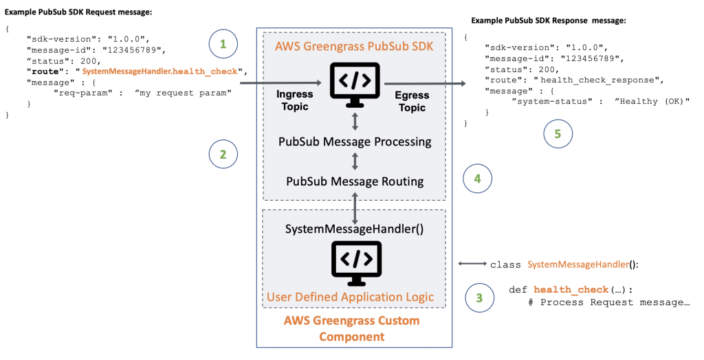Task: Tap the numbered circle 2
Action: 223,155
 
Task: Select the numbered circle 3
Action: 480,297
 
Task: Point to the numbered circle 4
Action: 477,179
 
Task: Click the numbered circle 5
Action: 558,134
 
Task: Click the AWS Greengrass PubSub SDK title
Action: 354,47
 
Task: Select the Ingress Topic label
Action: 295,100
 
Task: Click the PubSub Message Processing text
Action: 355,142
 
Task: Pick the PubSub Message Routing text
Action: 355,181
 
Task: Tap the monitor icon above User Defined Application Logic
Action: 355,262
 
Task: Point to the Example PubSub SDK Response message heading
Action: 549,21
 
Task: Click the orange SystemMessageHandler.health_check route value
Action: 163,71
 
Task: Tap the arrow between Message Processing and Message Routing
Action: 355,162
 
